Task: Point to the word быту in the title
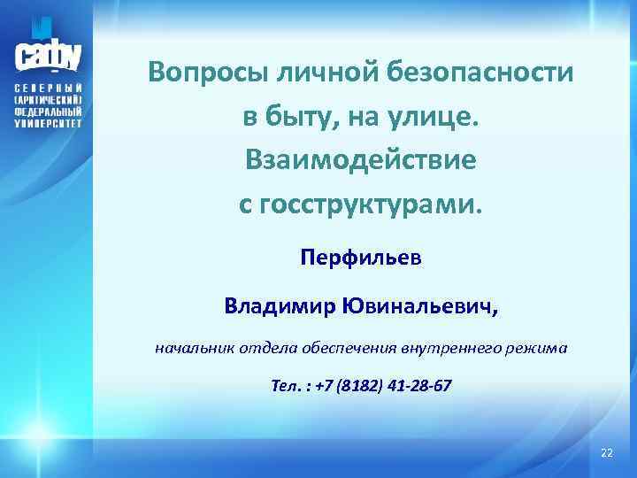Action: tap(298, 117)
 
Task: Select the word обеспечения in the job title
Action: tap(344, 349)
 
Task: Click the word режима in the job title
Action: tap(539, 349)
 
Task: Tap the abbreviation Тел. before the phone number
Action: tap(286, 387)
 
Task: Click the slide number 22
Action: tap(606, 453)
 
